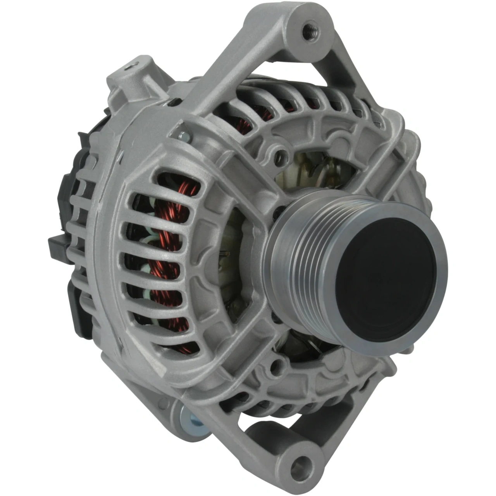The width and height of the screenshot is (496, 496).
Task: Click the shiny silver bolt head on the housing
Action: click(x=185, y=135)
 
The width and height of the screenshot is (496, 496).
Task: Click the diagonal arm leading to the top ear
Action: click(x=232, y=74)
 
